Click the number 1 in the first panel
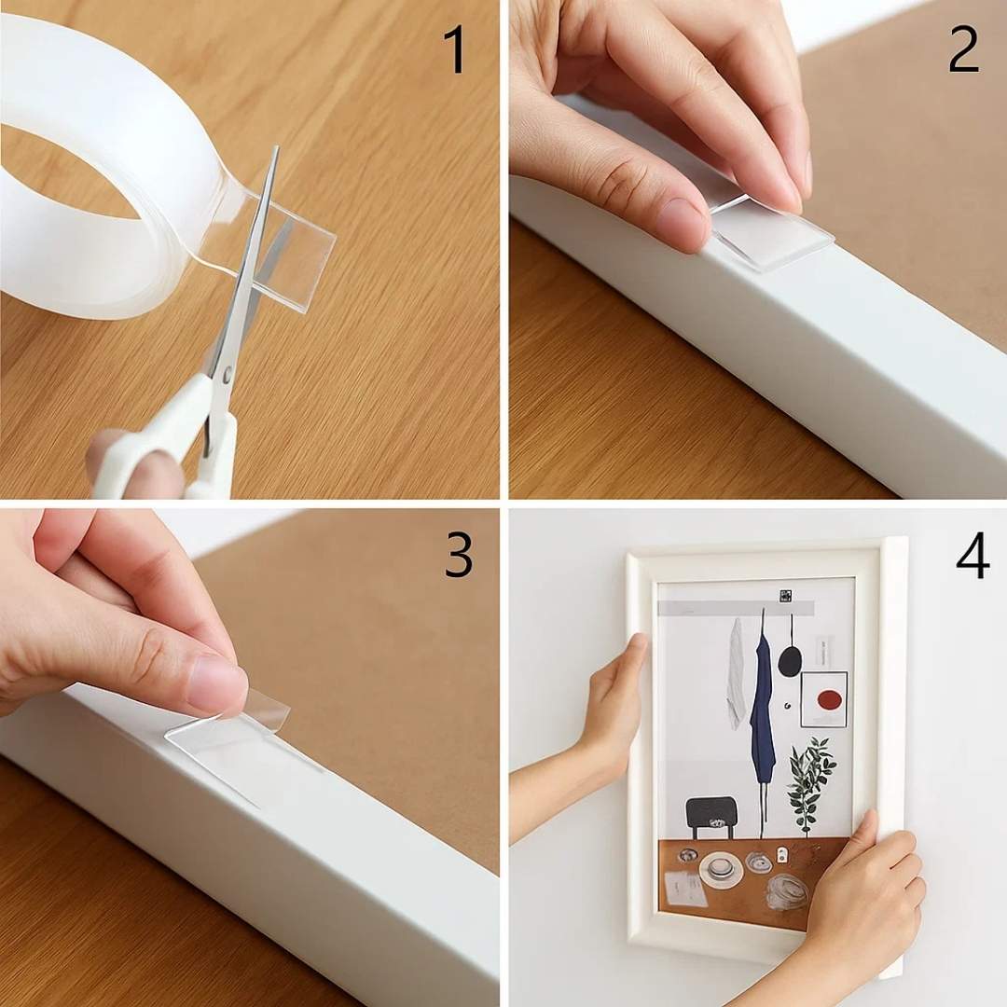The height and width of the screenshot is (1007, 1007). click(454, 49)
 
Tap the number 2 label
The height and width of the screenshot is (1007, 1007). click(963, 49)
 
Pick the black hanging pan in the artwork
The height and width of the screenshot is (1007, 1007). click(790, 660)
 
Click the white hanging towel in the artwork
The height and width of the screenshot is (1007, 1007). click(737, 671)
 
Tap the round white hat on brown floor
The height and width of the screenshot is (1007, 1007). click(720, 868)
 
